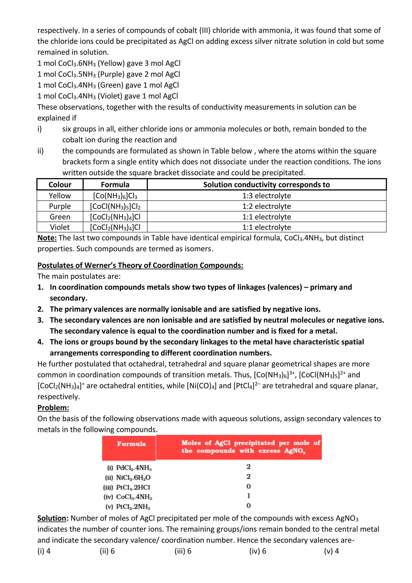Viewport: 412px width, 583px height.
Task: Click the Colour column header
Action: click(x=60, y=185)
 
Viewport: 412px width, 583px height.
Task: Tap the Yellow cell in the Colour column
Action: click(x=60, y=195)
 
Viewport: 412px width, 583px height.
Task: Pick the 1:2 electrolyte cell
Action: click(x=266, y=206)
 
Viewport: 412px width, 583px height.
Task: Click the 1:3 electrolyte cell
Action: click(x=266, y=195)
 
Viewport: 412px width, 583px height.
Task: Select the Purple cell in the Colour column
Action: click(x=60, y=206)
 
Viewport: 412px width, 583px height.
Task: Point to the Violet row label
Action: click(x=60, y=227)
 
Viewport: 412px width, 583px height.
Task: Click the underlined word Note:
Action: click(x=47, y=238)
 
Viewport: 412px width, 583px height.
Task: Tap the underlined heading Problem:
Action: click(x=53, y=407)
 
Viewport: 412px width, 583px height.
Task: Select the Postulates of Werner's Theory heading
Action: click(x=140, y=265)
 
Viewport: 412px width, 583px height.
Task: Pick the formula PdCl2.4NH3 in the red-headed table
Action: click(x=134, y=467)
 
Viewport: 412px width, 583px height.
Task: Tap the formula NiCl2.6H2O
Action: click(x=133, y=477)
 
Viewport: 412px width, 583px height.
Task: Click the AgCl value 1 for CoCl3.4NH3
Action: click(x=248, y=496)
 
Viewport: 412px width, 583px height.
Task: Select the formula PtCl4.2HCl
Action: click(x=133, y=487)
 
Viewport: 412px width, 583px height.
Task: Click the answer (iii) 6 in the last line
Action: click(x=183, y=551)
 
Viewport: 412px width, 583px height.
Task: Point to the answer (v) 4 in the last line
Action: click(x=331, y=551)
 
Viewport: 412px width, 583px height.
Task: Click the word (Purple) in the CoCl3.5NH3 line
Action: click(x=111, y=74)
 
